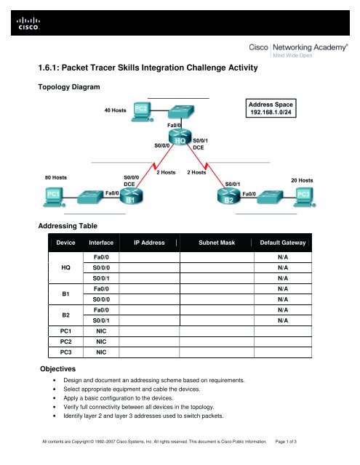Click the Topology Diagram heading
[x=72, y=86]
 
